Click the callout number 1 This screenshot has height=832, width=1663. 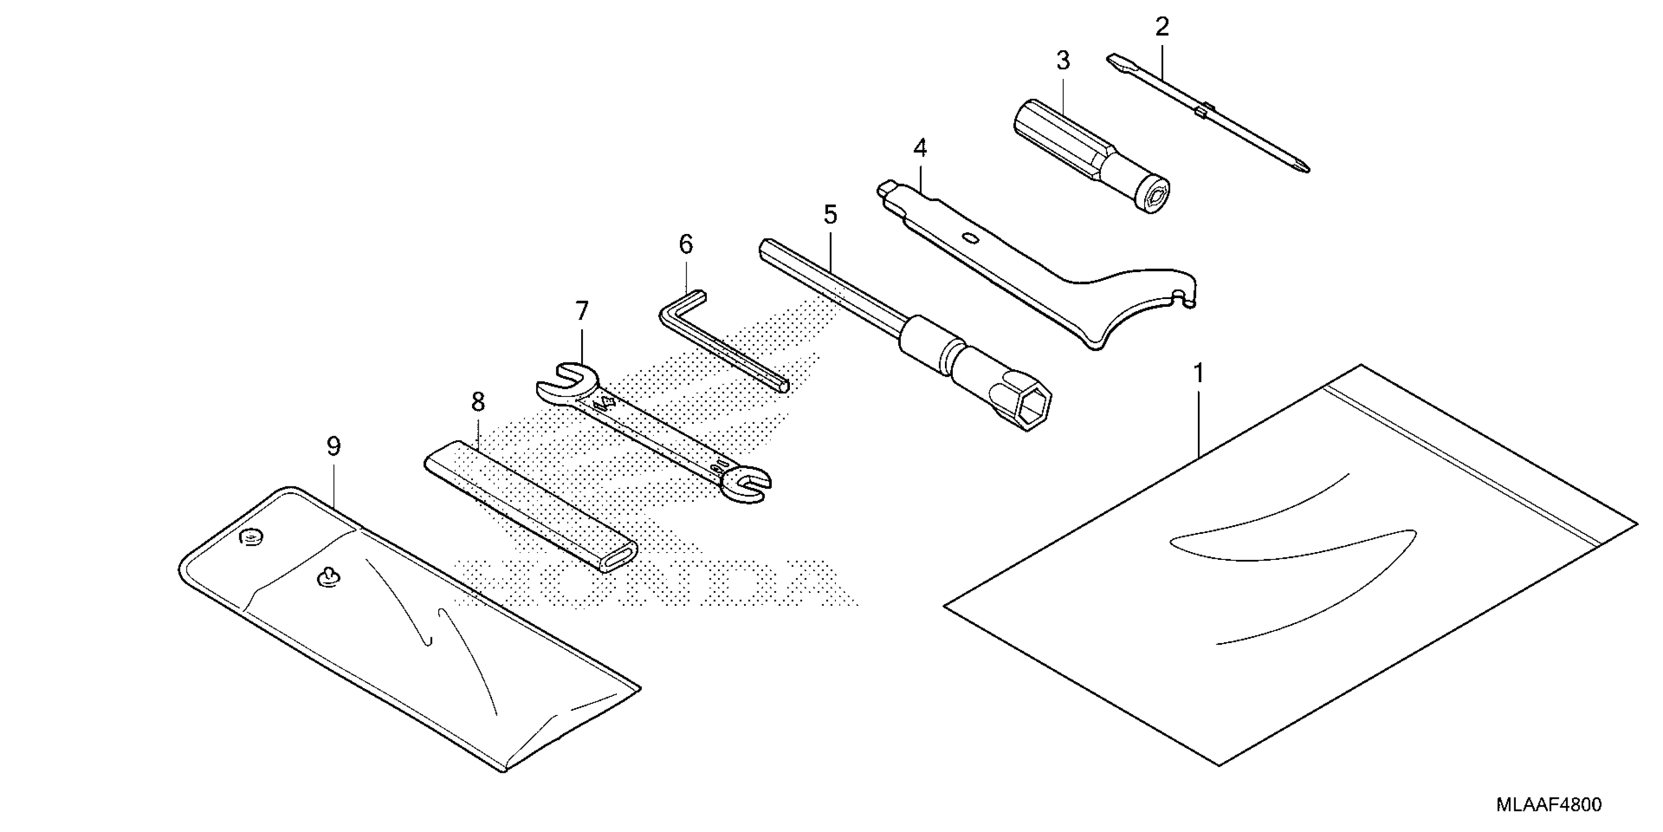[x=1198, y=373]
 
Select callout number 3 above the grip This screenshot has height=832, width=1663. [x=1063, y=61]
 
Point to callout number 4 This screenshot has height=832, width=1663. [x=920, y=149]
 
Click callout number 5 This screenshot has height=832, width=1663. [x=830, y=214]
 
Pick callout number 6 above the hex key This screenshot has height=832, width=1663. [x=686, y=245]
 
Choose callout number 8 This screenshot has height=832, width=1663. [x=478, y=402]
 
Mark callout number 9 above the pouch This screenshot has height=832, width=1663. [x=333, y=446]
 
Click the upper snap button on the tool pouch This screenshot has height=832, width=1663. [x=251, y=537]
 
